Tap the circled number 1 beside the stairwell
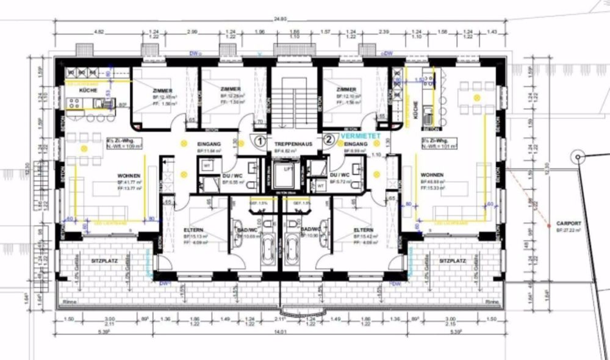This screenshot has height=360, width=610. pyautogui.click(x=259, y=140)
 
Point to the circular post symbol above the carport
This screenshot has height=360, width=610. pyautogui.click(x=575, y=157)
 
